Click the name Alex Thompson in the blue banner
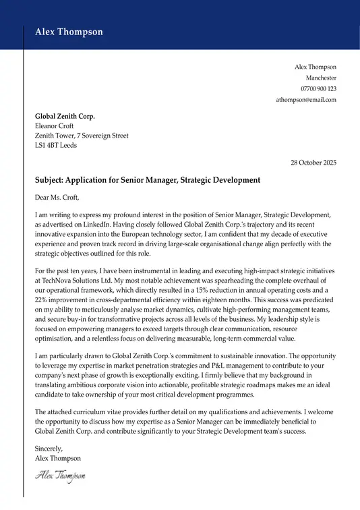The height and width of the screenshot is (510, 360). tap(69, 32)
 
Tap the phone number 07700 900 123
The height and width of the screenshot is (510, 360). tap(318, 88)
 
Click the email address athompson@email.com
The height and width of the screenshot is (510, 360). tap(306, 100)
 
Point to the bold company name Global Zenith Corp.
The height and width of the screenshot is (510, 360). tap(65, 116)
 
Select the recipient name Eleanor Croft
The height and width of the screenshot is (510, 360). tap(54, 125)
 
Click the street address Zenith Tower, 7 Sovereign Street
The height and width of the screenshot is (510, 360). tap(81, 136)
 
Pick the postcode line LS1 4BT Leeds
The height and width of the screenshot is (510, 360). tap(55, 145)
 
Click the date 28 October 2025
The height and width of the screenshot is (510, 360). tap(313, 163)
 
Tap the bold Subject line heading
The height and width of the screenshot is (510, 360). tap(147, 180)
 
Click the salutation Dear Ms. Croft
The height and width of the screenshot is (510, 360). tap(57, 198)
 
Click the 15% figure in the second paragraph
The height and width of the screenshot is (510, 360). tap(218, 289)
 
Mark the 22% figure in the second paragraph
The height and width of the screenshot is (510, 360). tap(42, 300)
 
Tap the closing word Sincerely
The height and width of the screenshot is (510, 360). tap(49, 449)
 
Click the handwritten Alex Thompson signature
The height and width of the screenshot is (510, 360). tap(60, 476)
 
